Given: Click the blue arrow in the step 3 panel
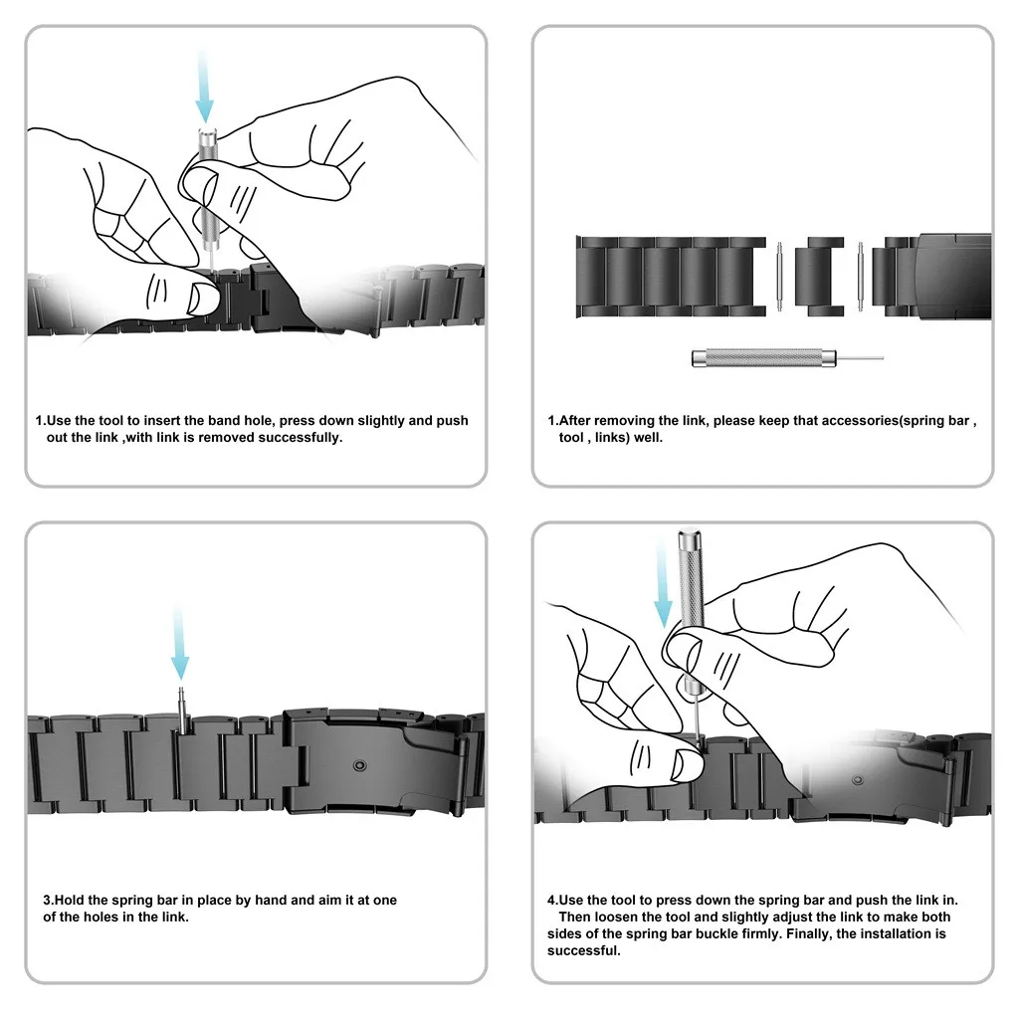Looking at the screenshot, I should coord(179,646).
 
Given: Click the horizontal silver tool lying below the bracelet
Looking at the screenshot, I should coord(756,357).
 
